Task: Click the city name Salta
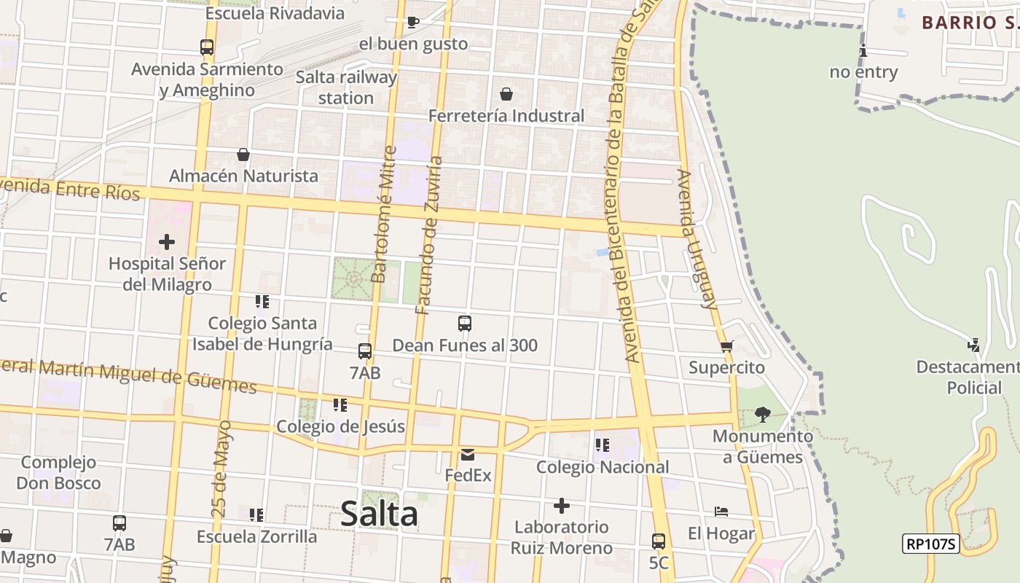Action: [379, 514]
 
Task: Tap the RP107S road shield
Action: [930, 543]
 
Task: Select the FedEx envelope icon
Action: [467, 455]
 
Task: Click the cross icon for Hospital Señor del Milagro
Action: [167, 241]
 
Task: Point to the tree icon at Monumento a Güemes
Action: [762, 415]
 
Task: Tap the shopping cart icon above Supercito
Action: [726, 346]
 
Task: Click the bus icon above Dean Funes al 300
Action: [464, 323]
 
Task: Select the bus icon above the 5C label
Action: [658, 541]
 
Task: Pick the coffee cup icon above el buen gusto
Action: [412, 22]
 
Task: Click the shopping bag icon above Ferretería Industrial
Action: [506, 94]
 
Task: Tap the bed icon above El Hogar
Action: [721, 512]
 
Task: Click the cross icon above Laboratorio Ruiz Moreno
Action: [561, 505]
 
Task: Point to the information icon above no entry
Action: [863, 50]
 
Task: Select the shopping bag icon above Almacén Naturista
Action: [243, 154]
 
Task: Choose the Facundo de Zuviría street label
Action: [429, 235]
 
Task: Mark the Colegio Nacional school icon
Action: [602, 445]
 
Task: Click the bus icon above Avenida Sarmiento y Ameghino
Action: [207, 47]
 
